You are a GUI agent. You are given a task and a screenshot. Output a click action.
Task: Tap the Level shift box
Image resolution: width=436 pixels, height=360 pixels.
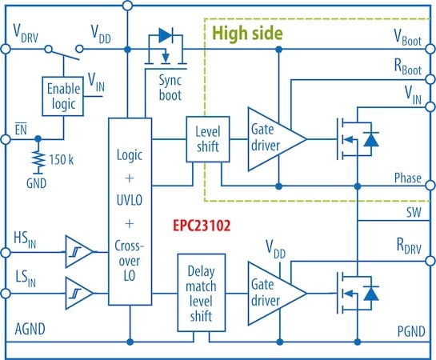point(207,137)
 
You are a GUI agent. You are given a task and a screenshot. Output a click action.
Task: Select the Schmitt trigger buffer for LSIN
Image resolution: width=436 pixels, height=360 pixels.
point(77,286)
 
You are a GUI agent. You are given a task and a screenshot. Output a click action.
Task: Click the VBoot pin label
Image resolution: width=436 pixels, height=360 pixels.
point(408,36)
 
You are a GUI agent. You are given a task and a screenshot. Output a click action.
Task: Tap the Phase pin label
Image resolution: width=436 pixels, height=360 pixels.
point(410,178)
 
